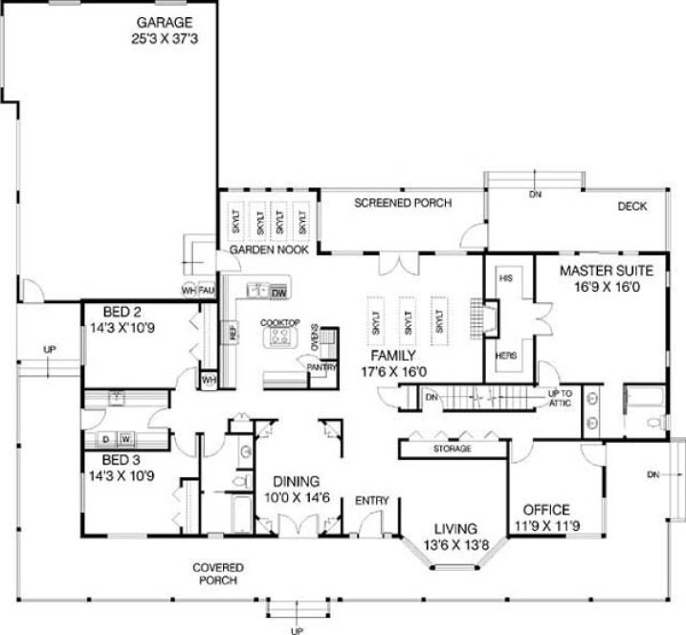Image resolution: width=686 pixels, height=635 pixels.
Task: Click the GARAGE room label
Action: click(164, 21)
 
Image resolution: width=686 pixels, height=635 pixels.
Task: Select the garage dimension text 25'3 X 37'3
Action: click(164, 38)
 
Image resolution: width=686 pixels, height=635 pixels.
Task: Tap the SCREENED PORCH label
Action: click(402, 203)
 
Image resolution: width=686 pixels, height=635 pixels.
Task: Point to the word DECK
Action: click(631, 206)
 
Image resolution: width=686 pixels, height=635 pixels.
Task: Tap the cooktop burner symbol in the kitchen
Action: click(280, 338)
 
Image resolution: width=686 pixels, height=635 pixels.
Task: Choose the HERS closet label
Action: click(507, 356)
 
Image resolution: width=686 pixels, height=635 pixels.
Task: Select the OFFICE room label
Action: click(546, 510)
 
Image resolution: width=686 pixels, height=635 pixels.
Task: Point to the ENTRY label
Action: click(370, 500)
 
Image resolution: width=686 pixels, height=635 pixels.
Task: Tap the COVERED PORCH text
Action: click(218, 573)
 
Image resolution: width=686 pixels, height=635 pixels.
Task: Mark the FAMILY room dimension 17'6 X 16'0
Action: click(399, 371)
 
